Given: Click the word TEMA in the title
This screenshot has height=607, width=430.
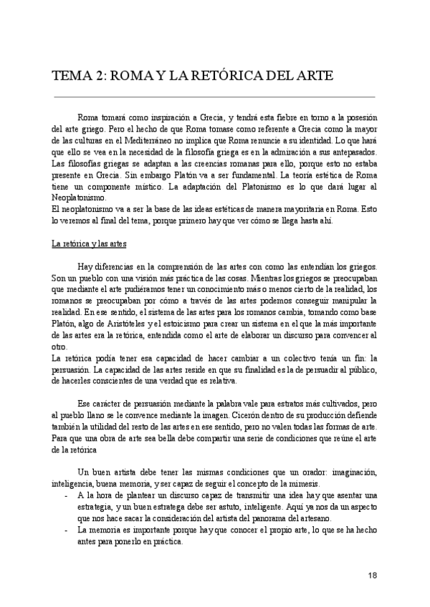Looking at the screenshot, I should [73, 75].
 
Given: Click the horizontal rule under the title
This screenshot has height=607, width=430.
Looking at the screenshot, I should [214, 96].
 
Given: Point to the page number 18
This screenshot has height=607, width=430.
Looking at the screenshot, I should [372, 575].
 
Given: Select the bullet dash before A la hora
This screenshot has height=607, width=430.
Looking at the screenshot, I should [67, 495].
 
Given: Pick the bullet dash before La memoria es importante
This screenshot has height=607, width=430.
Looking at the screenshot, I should [67, 530].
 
